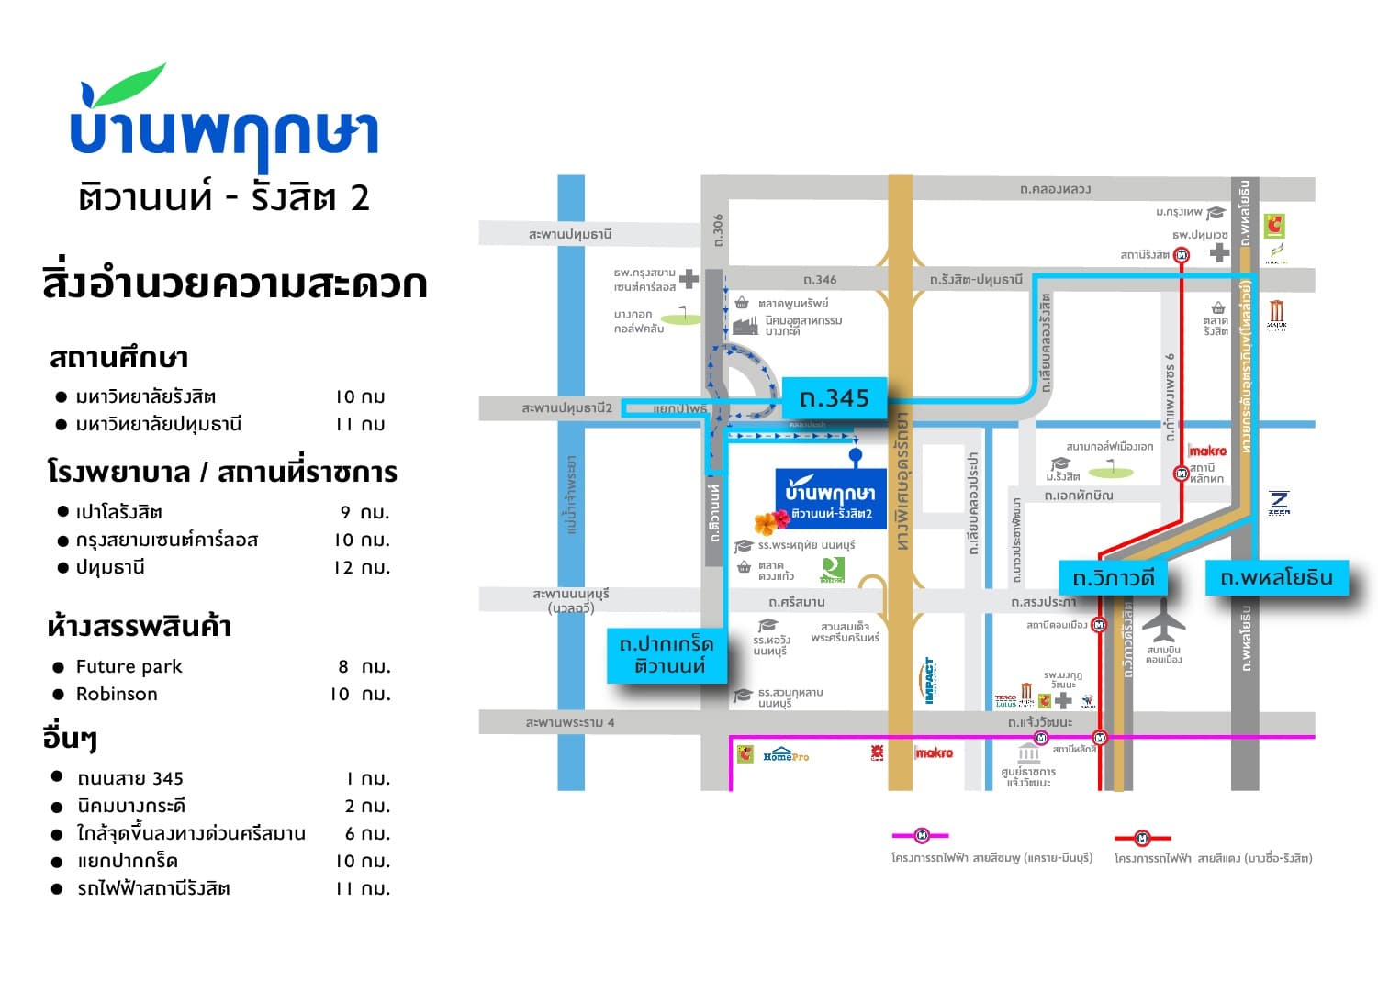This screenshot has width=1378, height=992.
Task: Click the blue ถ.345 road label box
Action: pyautogui.click(x=835, y=398)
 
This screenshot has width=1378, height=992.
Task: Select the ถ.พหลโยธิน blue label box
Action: pyautogui.click(x=1276, y=577)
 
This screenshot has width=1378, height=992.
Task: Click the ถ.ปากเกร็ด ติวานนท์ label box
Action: pyautogui.click(x=667, y=655)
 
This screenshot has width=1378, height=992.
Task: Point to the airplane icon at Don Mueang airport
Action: pyautogui.click(x=1164, y=621)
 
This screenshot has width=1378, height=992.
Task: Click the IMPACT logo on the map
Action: pyautogui.click(x=929, y=680)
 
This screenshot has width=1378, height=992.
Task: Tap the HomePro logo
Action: pyautogui.click(x=786, y=755)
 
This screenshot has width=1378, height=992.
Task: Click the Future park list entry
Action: pyautogui.click(x=129, y=666)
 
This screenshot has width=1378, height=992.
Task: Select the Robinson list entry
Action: pyautogui.click(x=117, y=694)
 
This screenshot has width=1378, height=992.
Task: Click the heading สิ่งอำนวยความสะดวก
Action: pyautogui.click(x=234, y=284)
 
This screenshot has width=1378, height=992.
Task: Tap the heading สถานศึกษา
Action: pyautogui.click(x=118, y=357)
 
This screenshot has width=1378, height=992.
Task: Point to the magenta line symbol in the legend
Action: pyautogui.click(x=922, y=835)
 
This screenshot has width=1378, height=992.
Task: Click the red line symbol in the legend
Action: pyautogui.click(x=1142, y=838)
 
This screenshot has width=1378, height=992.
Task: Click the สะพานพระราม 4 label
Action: pyautogui.click(x=570, y=722)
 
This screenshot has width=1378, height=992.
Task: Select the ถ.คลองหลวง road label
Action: pyautogui.click(x=1055, y=189)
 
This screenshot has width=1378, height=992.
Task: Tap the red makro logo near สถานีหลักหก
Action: pyautogui.click(x=1207, y=451)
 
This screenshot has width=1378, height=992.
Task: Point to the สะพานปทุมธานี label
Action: pyautogui.click(x=570, y=234)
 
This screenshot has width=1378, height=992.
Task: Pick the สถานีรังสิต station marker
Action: pyautogui.click(x=1182, y=255)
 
